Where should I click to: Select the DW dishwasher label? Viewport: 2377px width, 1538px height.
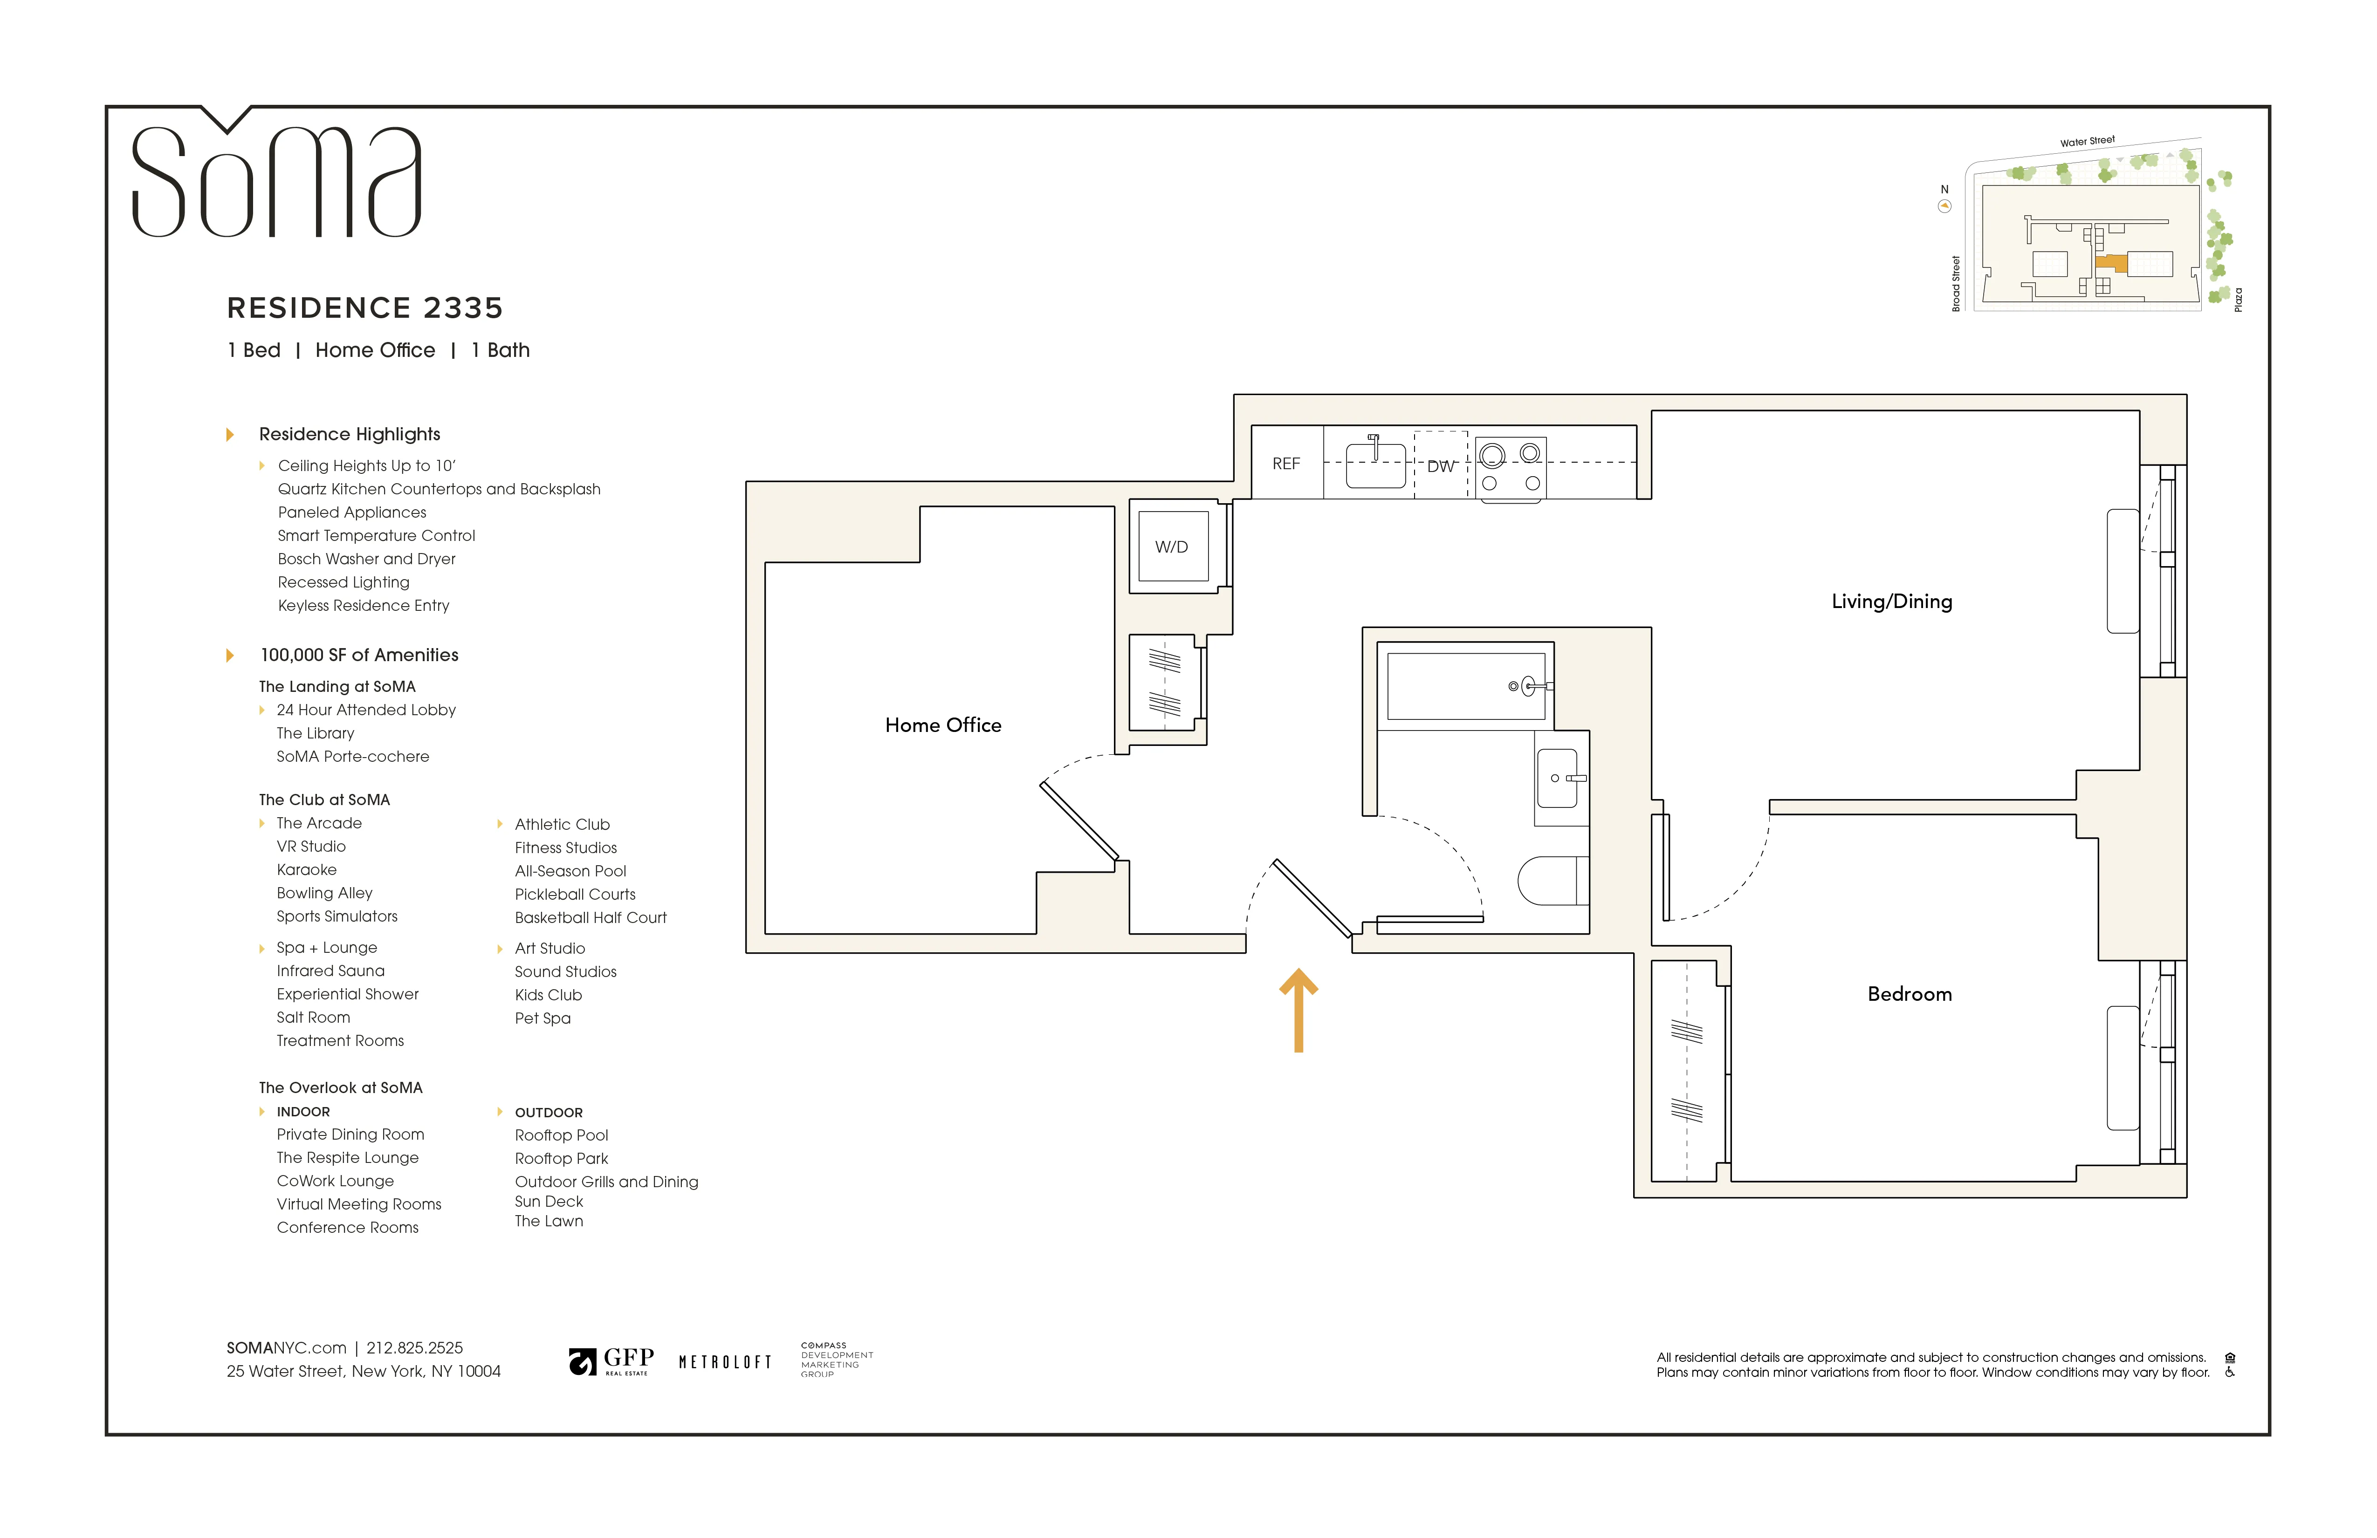click(1440, 466)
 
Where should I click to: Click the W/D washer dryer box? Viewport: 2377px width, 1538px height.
click(1172, 546)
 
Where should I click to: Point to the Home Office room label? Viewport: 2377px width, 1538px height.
click(943, 725)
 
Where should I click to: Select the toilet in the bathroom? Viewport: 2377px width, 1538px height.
click(1551, 880)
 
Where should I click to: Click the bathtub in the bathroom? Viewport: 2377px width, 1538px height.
click(1465, 686)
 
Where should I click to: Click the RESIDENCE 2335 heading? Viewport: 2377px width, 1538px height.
click(364, 308)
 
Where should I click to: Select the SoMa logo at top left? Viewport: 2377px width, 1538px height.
click(277, 180)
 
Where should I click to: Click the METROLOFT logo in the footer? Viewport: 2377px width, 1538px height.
click(725, 1362)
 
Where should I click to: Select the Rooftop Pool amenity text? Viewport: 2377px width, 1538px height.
click(561, 1135)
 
